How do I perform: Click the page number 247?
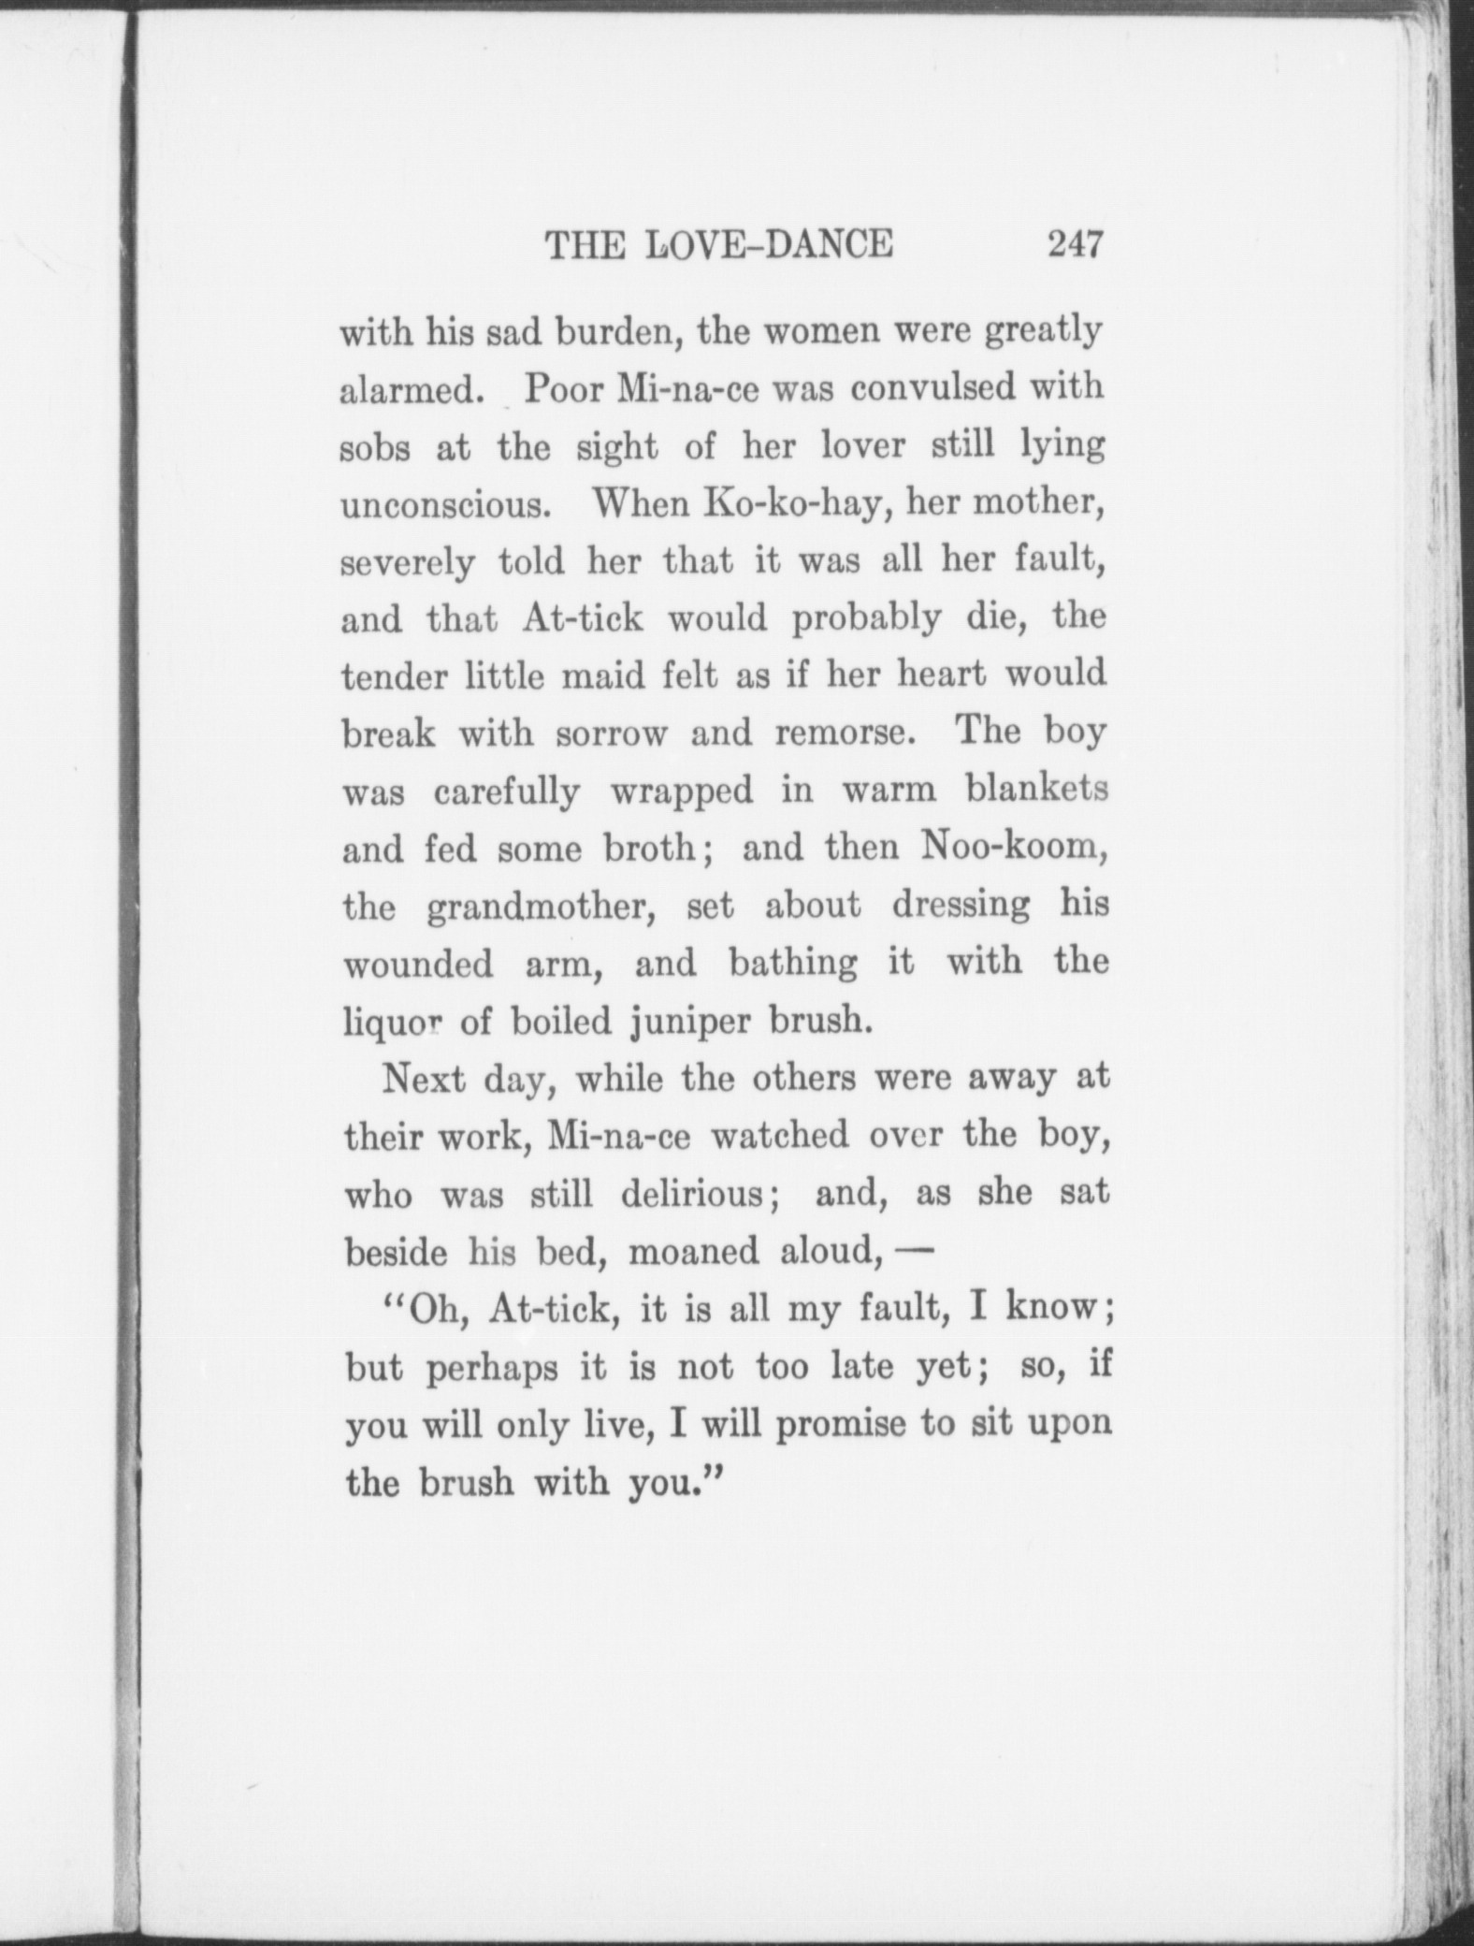click(1076, 245)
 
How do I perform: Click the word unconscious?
click(442, 505)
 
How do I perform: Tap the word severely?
click(407, 564)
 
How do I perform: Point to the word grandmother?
click(541, 907)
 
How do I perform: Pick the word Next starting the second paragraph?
click(424, 1080)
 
